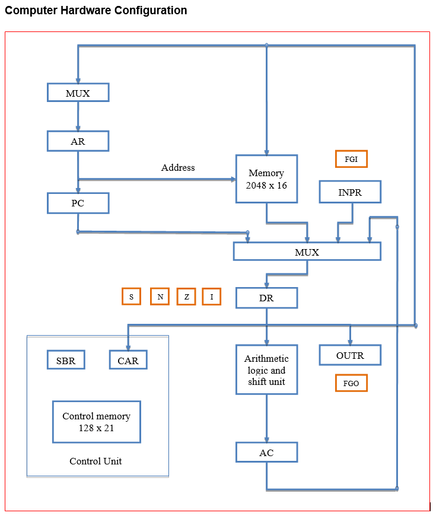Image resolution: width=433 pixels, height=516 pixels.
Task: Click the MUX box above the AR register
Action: click(78, 93)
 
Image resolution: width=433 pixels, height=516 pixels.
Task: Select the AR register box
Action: click(78, 141)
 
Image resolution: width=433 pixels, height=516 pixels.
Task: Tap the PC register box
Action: click(78, 203)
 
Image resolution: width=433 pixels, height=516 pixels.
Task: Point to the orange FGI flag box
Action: click(351, 159)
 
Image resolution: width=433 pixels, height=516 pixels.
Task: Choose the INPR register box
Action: click(350, 192)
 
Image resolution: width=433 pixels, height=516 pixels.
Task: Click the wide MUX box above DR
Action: click(307, 251)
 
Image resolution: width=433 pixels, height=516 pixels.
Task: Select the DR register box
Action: click(266, 298)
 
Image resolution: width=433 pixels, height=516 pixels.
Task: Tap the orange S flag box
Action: click(131, 297)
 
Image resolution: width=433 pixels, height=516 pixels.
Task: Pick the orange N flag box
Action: click(160, 297)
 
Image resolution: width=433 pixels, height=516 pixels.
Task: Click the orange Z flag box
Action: click(186, 297)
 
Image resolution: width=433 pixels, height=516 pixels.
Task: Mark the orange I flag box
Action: click(212, 297)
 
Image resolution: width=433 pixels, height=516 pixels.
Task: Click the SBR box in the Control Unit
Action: click(66, 360)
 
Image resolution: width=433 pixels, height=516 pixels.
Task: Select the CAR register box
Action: click(128, 360)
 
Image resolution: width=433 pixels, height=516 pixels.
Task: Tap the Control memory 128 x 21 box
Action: click(96, 422)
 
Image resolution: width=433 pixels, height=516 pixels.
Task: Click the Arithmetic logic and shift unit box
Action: click(266, 370)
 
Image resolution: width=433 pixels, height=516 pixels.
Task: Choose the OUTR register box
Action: click(350, 355)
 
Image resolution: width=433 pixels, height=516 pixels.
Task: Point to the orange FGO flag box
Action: click(351, 383)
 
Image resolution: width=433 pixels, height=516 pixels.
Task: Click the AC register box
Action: click(266, 453)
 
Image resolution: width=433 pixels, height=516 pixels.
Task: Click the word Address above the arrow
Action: click(178, 168)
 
